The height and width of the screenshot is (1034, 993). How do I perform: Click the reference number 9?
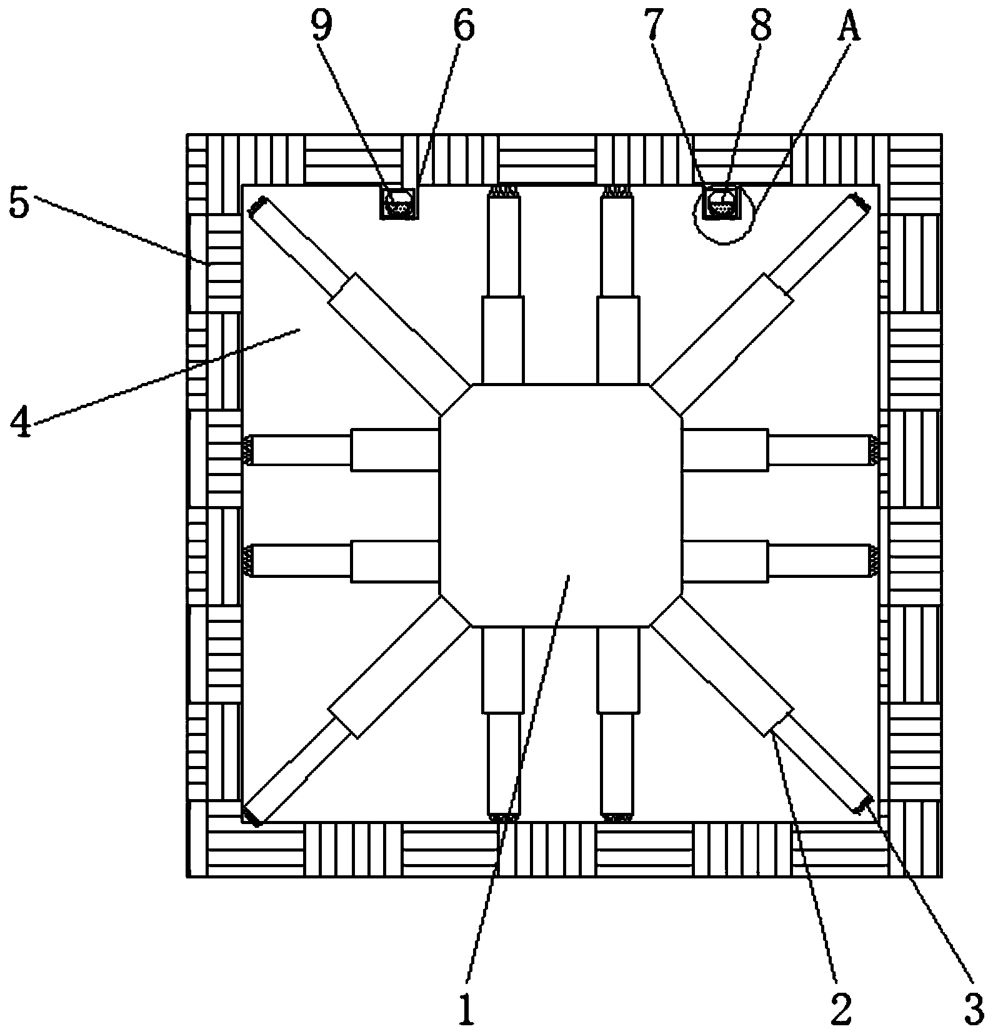322,26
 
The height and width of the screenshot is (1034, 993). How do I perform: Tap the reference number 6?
463,26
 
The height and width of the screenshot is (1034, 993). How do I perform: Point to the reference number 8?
761,26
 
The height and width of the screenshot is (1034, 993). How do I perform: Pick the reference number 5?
19,204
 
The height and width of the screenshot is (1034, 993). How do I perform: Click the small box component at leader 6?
399,202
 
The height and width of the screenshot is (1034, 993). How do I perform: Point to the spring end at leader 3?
864,804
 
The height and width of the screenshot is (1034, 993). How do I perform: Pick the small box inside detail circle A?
721,202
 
